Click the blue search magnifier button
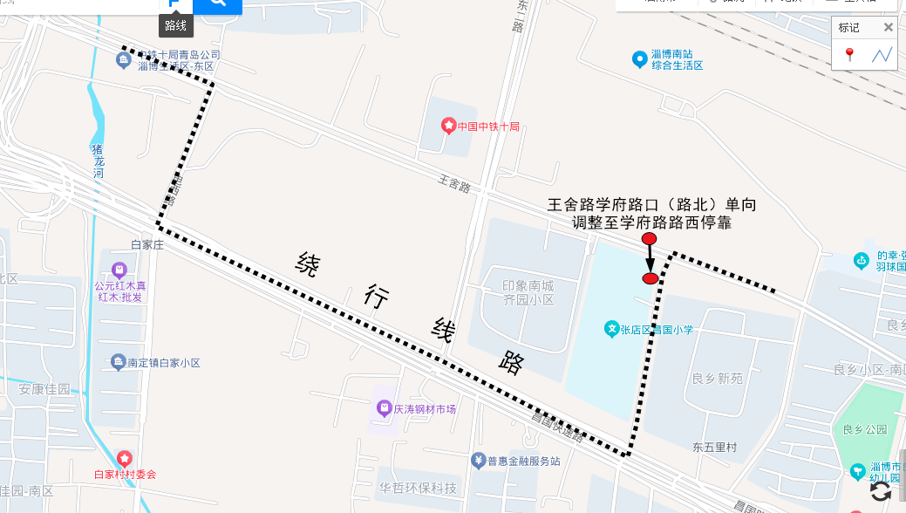(217, 3)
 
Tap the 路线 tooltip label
(176, 26)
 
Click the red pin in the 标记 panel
(849, 55)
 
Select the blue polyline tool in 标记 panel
(882, 55)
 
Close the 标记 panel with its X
(888, 27)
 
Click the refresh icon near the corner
(881, 490)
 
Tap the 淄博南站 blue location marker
(640, 59)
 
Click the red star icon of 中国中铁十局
(448, 127)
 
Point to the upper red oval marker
(649, 239)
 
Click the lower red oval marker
(650, 278)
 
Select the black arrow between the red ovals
(650, 259)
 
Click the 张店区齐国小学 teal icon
(612, 330)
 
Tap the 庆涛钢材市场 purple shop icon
(383, 407)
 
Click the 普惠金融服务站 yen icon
(478, 461)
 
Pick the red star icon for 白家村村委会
(125, 458)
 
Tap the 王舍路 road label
(454, 186)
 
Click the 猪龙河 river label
(98, 161)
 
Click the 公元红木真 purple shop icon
(119, 269)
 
